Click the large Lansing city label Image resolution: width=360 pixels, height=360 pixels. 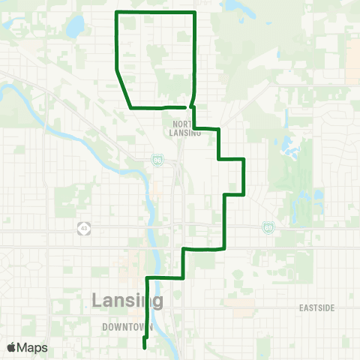pos(127,301)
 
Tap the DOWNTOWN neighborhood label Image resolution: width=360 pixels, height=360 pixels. pos(127,328)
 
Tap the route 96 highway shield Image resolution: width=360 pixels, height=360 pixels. pos(157,160)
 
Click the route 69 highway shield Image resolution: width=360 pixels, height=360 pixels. pos(268,226)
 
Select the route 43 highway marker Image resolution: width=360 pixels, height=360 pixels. pos(82,227)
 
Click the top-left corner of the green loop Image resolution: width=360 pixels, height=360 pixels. pos(115,13)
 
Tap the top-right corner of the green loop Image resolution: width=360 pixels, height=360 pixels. pos(195,13)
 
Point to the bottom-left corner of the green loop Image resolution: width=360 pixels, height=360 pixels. pos(131,108)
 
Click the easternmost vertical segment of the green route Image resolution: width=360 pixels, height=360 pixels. pos(244,176)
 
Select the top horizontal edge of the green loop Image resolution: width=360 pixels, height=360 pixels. pos(155,13)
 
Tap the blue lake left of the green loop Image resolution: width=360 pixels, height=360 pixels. pos(75,28)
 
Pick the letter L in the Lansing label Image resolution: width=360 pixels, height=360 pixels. pos(97,301)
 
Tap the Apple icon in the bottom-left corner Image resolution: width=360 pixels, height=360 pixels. pos(11,347)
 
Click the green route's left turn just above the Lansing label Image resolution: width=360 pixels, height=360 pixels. pos(147,279)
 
